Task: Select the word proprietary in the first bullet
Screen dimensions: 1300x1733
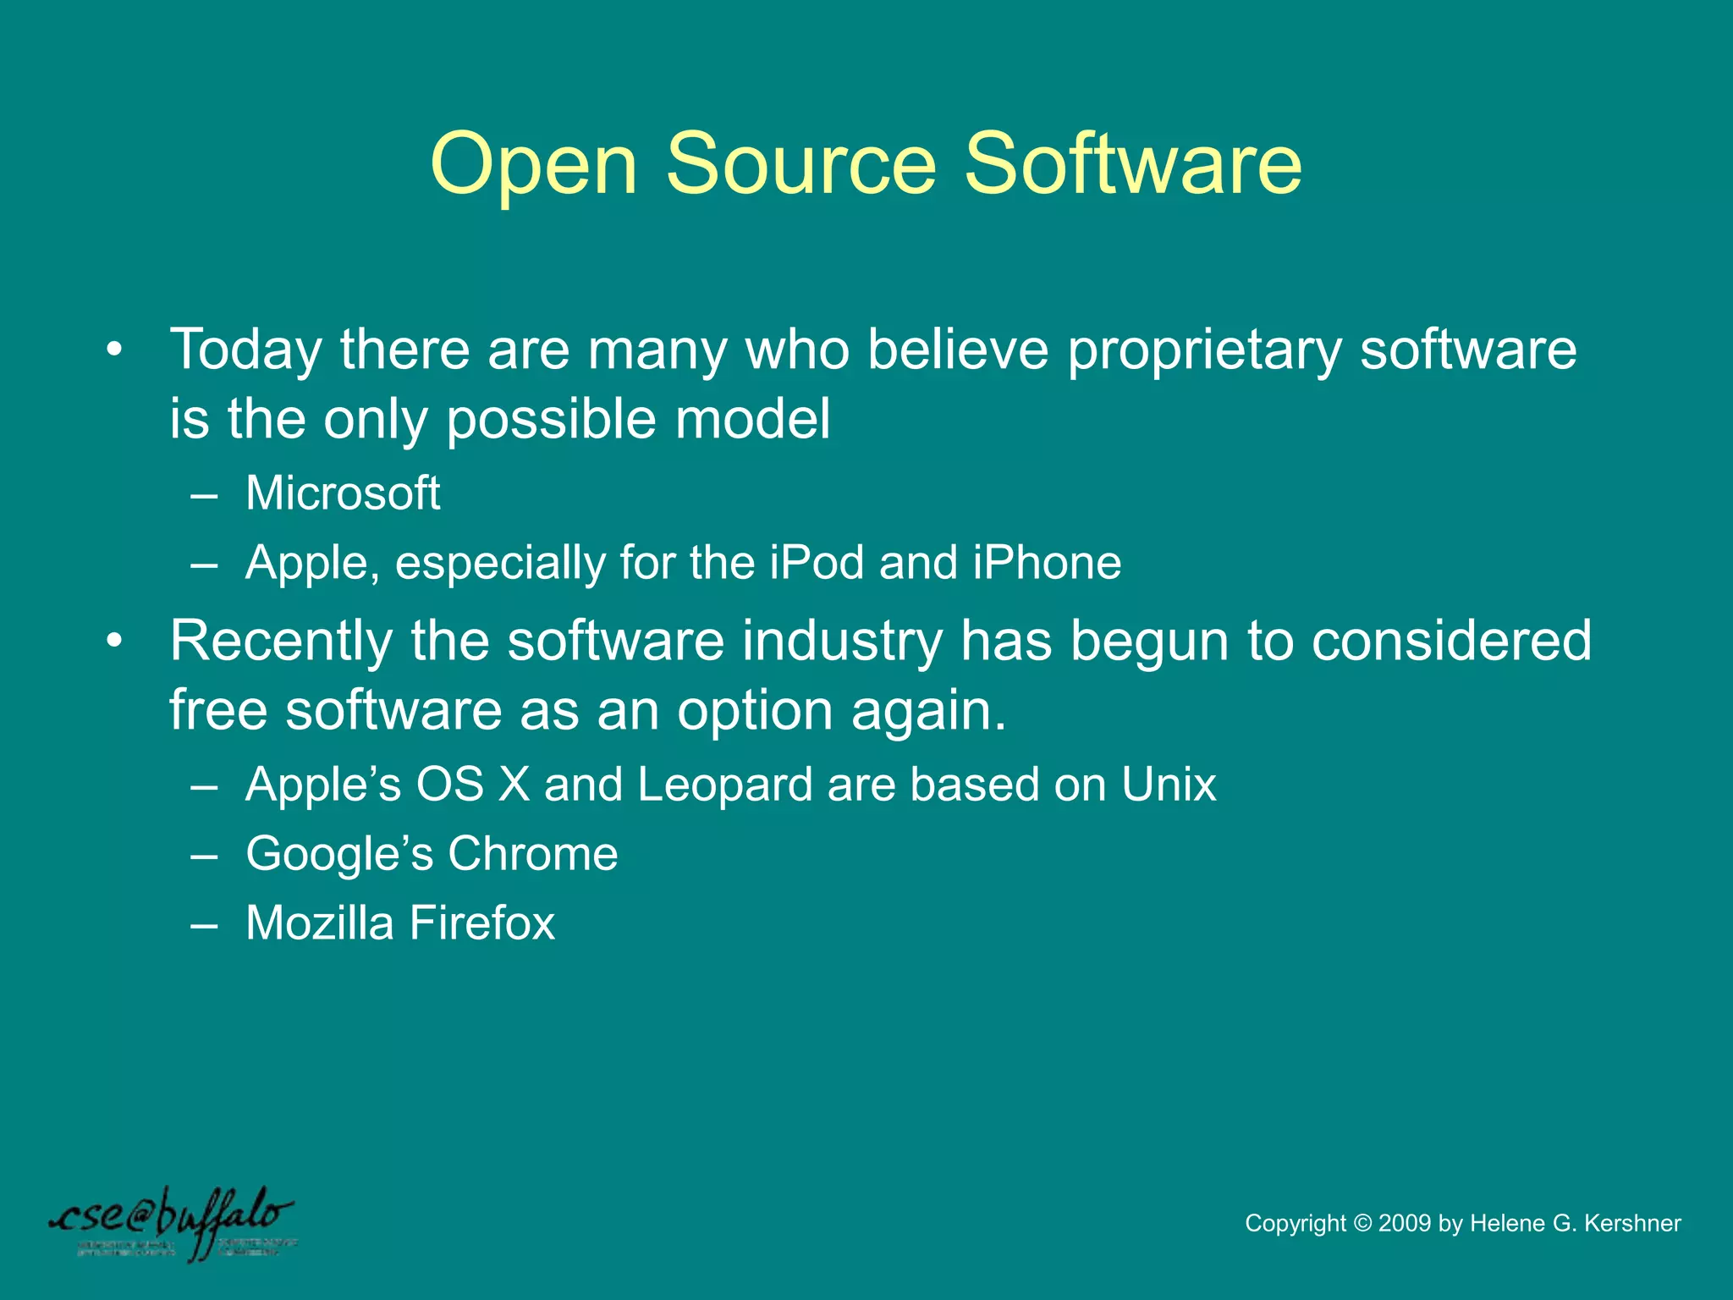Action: (1203, 351)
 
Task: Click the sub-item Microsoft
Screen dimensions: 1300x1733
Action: (342, 493)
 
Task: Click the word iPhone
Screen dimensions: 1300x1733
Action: (1047, 562)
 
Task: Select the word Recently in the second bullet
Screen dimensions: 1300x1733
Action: (280, 641)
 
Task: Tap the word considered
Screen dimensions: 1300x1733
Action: (1451, 641)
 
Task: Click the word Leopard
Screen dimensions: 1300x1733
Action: (725, 785)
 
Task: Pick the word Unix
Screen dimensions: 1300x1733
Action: (1169, 785)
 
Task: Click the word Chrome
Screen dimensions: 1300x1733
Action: (532, 853)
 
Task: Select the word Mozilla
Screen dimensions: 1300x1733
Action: (319, 923)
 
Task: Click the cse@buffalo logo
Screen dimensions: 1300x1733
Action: (173, 1223)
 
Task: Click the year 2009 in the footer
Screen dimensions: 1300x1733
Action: (1405, 1223)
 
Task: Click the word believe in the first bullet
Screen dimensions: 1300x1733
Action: (957, 350)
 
